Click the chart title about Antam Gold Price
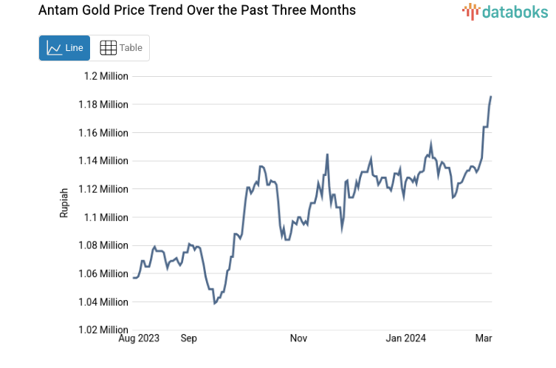(x=186, y=10)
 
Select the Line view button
(x=64, y=48)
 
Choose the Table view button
(x=120, y=48)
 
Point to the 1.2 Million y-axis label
(x=106, y=76)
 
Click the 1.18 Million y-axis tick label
(x=103, y=104)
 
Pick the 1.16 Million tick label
(x=103, y=133)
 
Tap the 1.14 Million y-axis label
(x=103, y=161)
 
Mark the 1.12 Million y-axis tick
(x=103, y=189)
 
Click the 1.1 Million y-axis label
(x=106, y=217)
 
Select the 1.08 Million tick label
(x=103, y=245)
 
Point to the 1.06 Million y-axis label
(x=103, y=274)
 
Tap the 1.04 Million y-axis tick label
(x=103, y=302)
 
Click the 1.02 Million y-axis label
(x=103, y=330)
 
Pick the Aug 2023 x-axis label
(x=138, y=338)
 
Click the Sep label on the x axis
(x=189, y=338)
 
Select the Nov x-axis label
(x=298, y=338)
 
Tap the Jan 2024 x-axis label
(x=407, y=338)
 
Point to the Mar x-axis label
(x=484, y=338)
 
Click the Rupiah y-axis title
(x=64, y=202)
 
